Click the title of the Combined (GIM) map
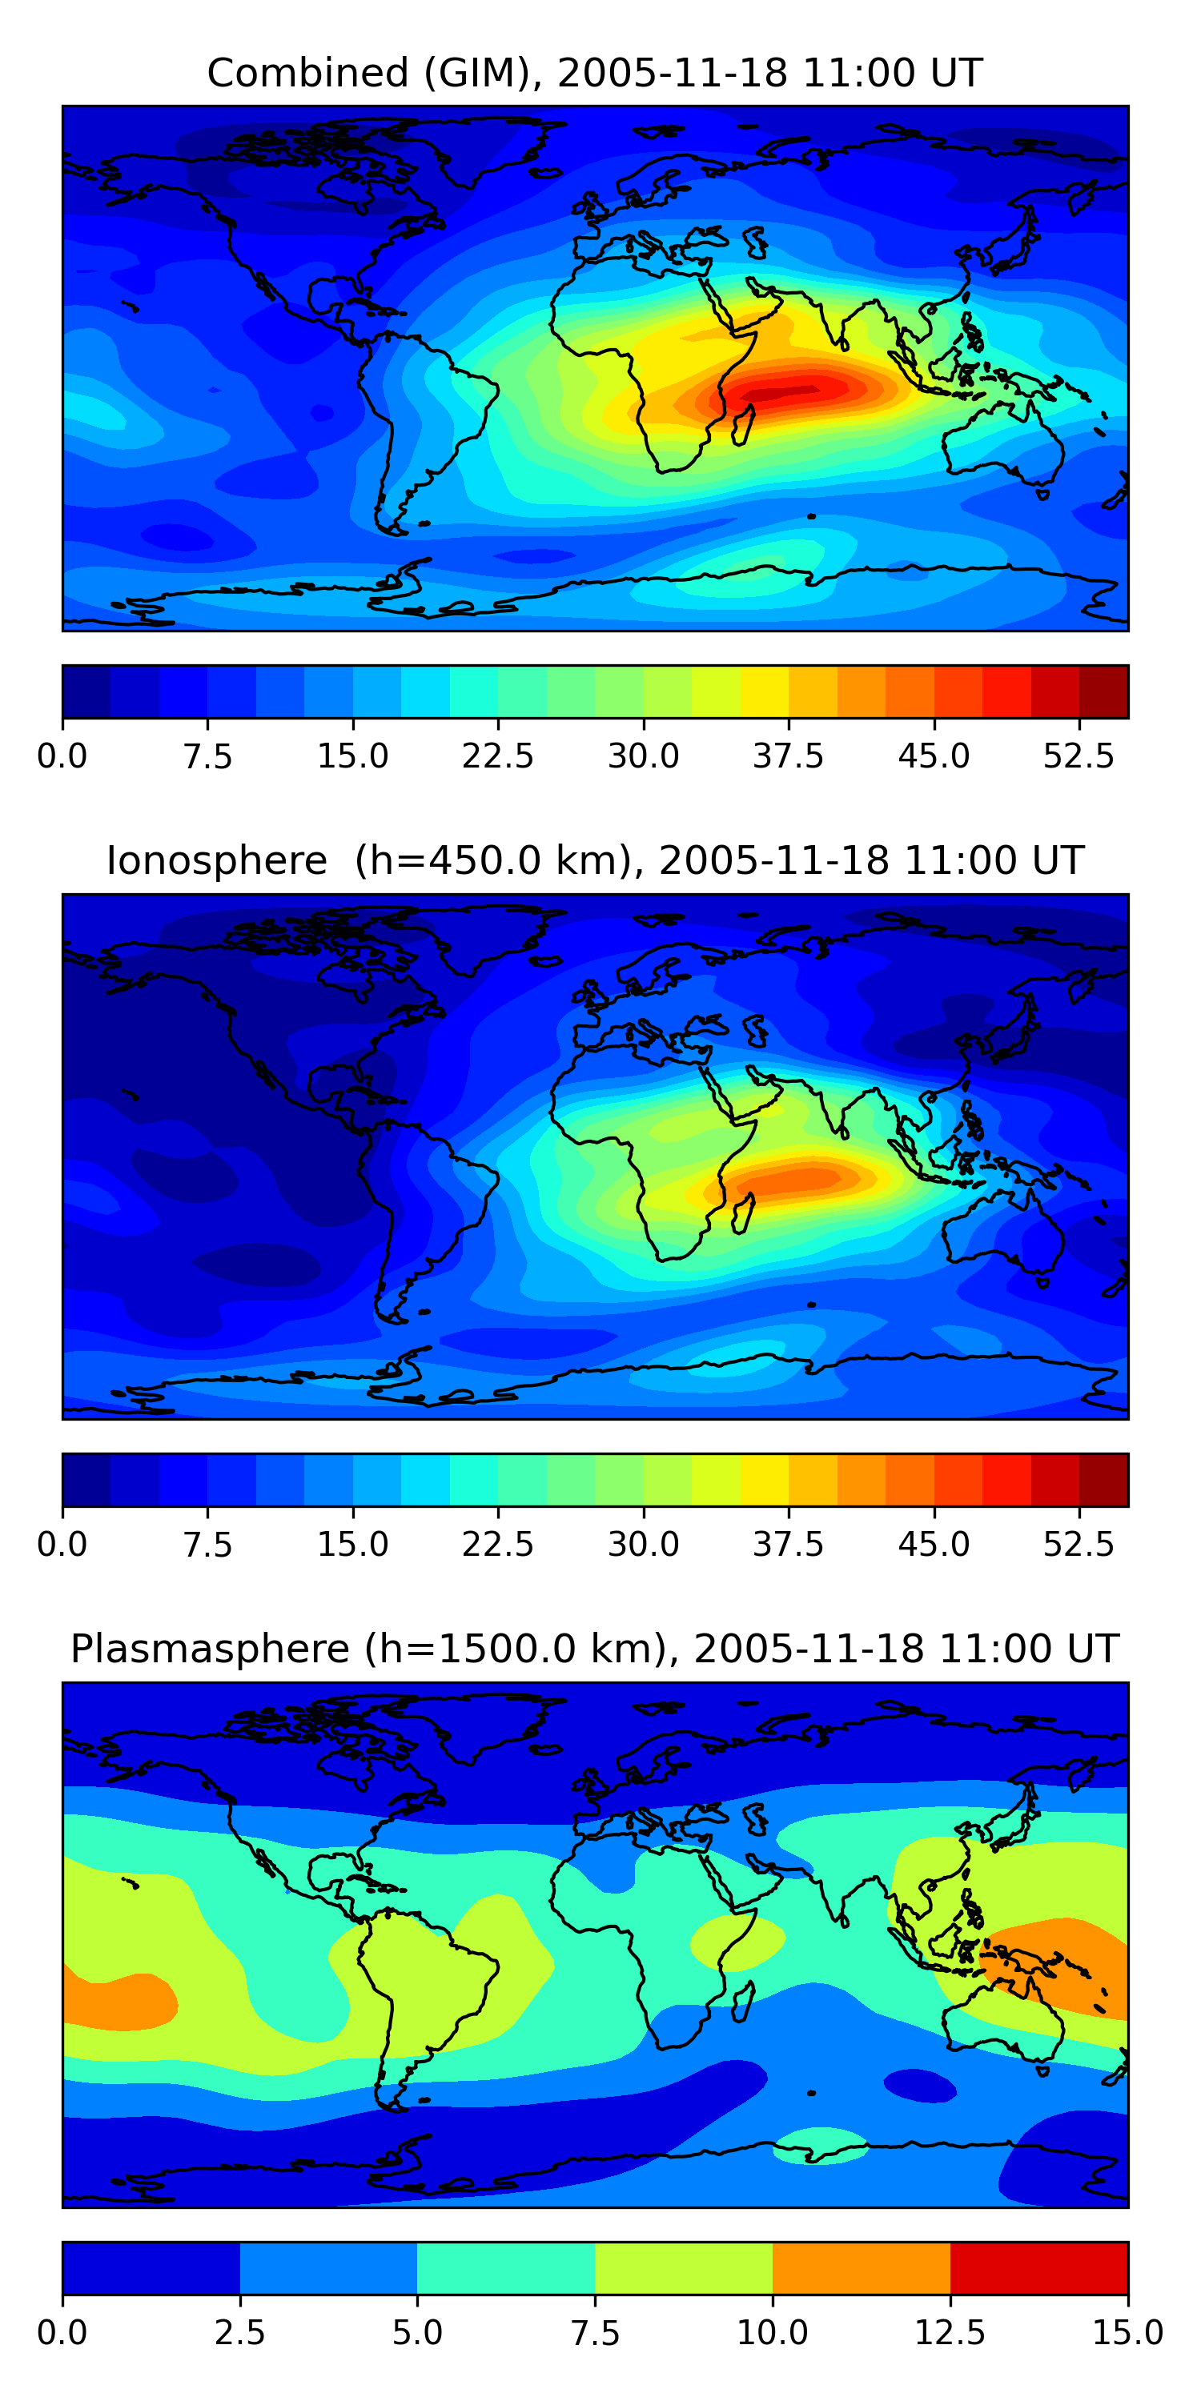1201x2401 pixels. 595,73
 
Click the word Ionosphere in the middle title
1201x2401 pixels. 216,860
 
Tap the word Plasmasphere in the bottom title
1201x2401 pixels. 210,1649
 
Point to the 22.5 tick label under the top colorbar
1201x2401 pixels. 498,756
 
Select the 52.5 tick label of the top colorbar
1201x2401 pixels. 1078,756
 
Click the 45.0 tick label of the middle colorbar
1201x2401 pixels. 934,1545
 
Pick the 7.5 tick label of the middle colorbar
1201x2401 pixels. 207,1545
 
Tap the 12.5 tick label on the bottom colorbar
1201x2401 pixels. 950,2332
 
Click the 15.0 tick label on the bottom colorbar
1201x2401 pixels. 1127,2332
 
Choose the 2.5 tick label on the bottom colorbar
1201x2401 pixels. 239,2332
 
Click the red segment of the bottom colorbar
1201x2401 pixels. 1038,2267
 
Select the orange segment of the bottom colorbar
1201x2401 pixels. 861,2267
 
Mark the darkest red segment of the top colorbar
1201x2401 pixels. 1103,691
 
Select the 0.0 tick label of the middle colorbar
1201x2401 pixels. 62,1545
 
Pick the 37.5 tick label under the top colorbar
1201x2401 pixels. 788,756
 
